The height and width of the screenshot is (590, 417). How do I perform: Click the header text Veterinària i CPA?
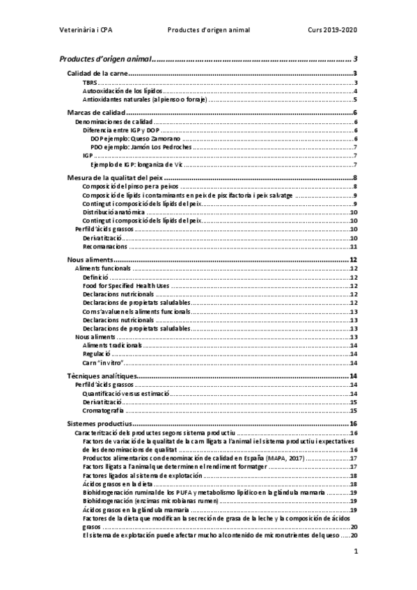pos(86,31)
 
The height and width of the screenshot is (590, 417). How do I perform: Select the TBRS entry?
pos(90,83)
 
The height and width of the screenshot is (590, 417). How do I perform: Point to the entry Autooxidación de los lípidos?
pos(123,91)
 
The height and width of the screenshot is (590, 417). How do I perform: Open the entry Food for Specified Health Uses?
pos(126,285)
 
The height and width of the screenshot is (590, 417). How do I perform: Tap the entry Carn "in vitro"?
pos(103,362)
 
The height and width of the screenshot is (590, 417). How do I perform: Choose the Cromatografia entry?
pos(104,410)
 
